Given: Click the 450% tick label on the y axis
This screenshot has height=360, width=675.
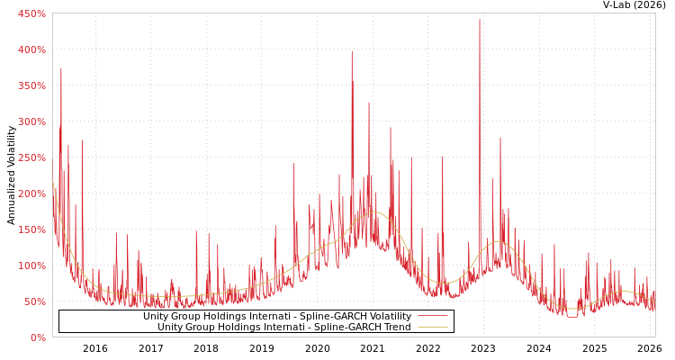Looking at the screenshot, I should pyautogui.click(x=31, y=13).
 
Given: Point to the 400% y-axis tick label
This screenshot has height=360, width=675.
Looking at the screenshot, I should pyautogui.click(x=31, y=49).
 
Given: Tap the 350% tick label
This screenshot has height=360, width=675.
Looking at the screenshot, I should pyautogui.click(x=31, y=85).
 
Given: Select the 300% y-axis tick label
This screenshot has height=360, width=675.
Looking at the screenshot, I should pyautogui.click(x=31, y=121).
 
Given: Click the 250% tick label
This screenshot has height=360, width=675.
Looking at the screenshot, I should pyautogui.click(x=31, y=157).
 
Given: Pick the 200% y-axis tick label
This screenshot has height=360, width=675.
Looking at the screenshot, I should pyautogui.click(x=31, y=193).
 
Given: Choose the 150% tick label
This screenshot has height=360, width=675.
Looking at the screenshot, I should pyautogui.click(x=31, y=229).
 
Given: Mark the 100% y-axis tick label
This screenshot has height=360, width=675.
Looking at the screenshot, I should pyautogui.click(x=31, y=265).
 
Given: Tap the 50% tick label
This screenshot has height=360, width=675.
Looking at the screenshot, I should pyautogui.click(x=34, y=301).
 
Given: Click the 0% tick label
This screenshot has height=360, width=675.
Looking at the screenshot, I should pyautogui.click(x=38, y=337).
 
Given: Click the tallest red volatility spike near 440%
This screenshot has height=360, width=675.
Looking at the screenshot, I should pyautogui.click(x=479, y=21).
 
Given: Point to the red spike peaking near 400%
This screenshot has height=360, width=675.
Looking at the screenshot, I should pyautogui.click(x=352, y=52).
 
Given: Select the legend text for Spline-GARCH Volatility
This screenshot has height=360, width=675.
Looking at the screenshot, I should pyautogui.click(x=276, y=316).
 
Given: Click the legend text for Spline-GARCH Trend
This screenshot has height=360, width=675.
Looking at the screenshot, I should pyautogui.click(x=283, y=327).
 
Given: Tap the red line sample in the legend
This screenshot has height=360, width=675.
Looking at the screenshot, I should pyautogui.click(x=432, y=316).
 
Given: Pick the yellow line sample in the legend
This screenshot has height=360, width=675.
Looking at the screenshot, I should pyautogui.click(x=432, y=327).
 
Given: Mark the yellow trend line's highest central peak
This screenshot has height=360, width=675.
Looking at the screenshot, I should pyautogui.click(x=374, y=212).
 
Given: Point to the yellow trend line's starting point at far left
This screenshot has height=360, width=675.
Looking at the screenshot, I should pyautogui.click(x=53, y=183).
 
